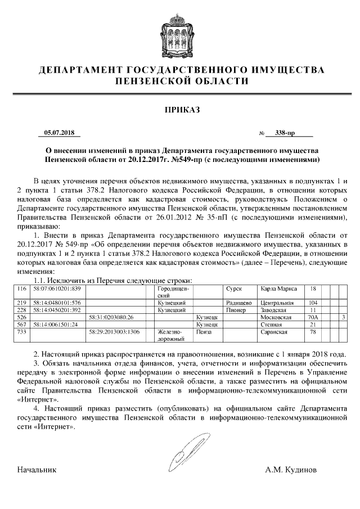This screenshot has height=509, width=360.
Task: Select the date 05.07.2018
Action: tap(59, 133)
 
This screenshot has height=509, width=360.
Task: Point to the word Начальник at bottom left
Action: tap(37, 469)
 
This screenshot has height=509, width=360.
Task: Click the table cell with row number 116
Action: tap(23, 289)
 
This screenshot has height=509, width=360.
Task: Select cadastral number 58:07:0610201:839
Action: tap(57, 289)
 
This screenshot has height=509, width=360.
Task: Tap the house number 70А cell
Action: tap(314, 317)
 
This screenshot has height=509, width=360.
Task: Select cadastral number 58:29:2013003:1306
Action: tap(114, 332)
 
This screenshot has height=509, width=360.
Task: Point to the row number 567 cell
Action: tap(23, 325)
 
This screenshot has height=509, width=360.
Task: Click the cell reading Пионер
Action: tap(236, 310)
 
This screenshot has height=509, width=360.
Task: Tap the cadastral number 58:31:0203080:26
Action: tap(111, 317)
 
